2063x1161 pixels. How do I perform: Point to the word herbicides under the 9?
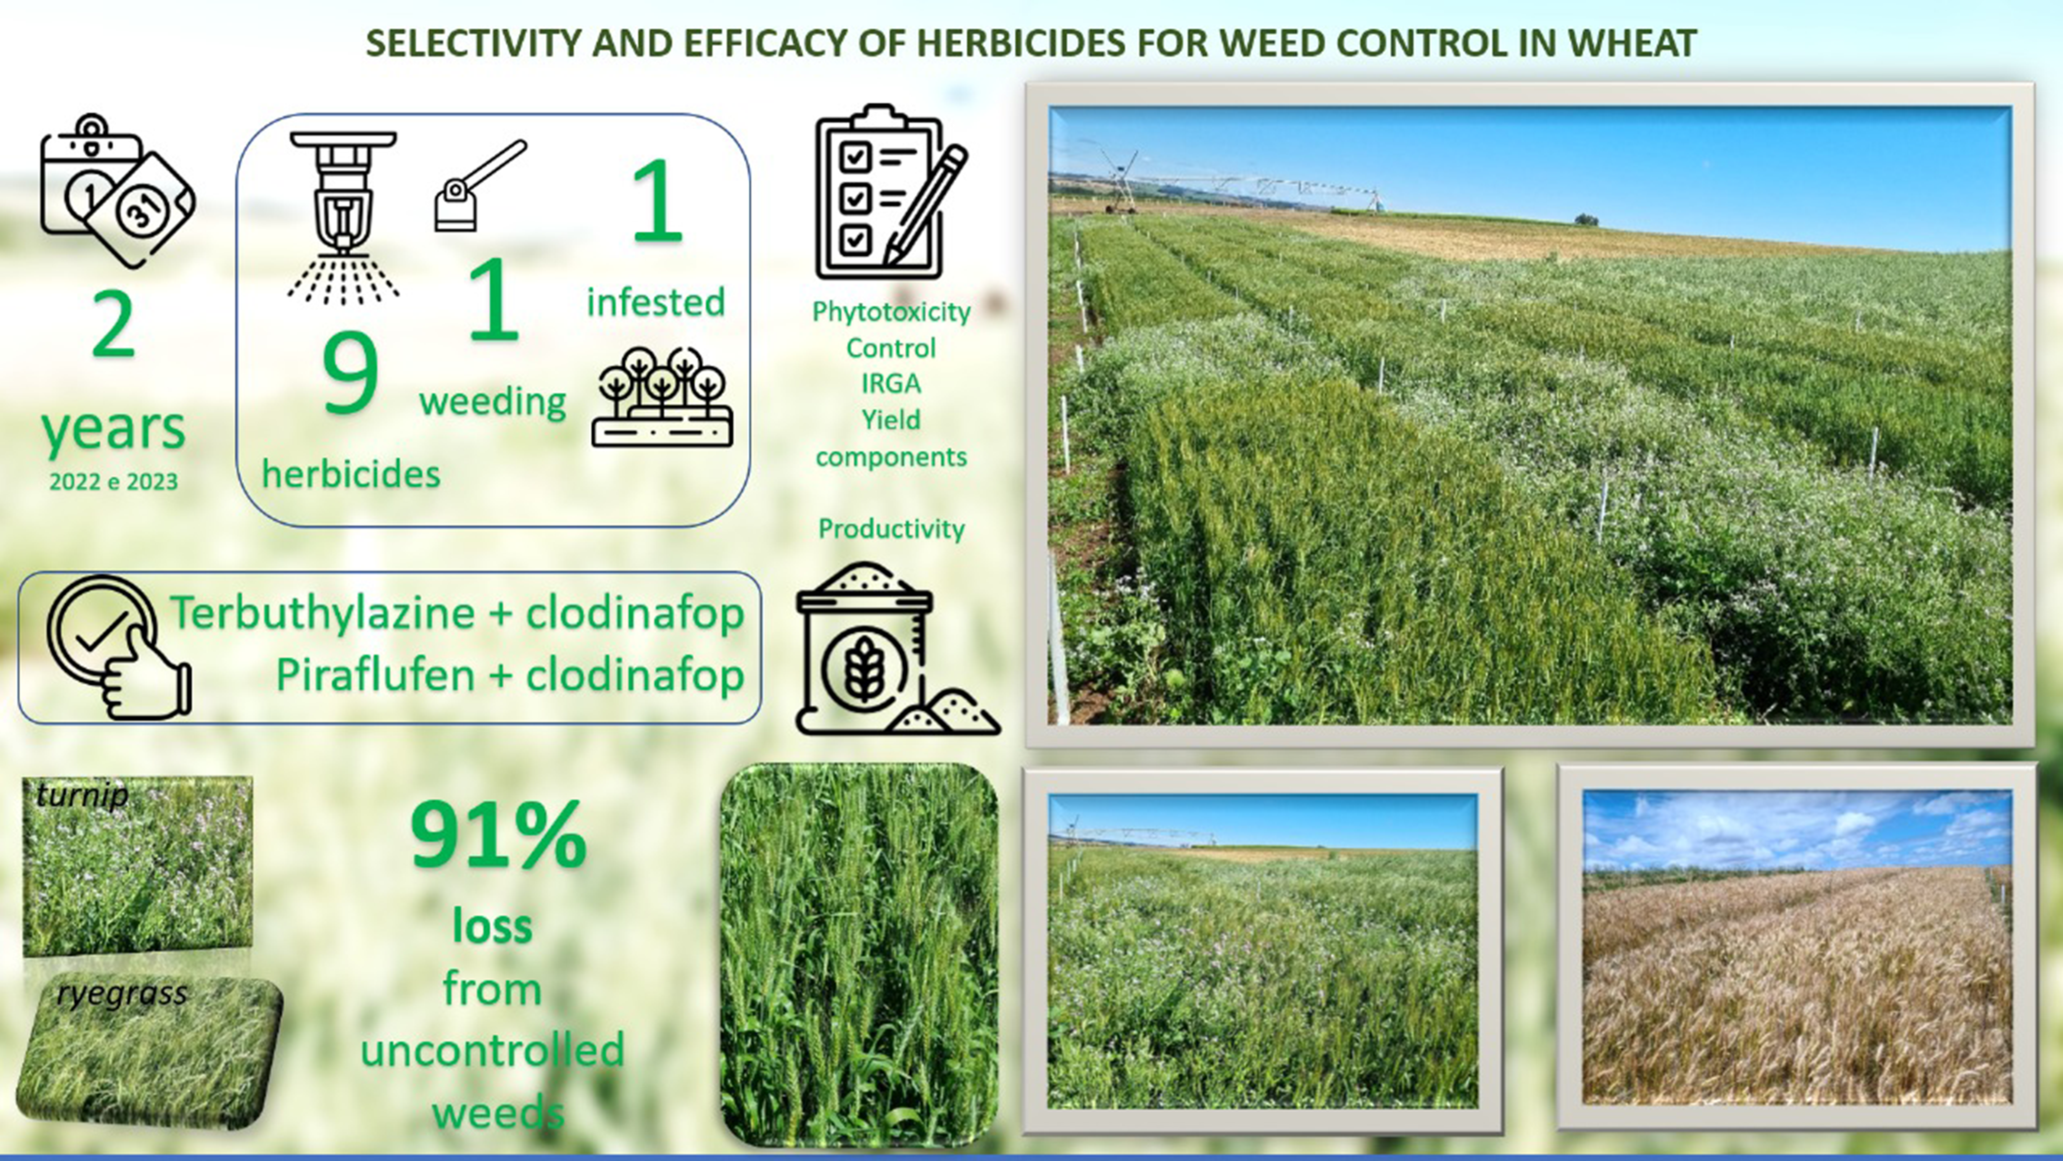click(x=351, y=474)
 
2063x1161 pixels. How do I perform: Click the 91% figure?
click(x=498, y=836)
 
